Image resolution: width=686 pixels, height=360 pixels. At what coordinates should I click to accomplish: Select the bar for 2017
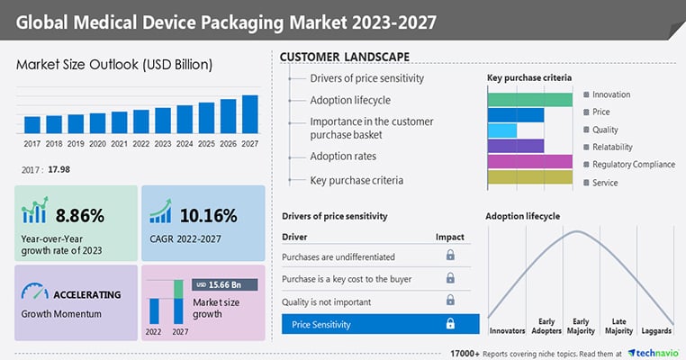click(x=32, y=124)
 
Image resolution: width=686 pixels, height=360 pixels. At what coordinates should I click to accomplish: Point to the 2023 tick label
click(x=163, y=142)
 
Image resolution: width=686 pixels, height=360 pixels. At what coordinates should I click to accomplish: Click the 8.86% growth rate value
click(x=80, y=215)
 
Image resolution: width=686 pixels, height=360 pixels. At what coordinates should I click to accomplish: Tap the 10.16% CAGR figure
click(x=208, y=215)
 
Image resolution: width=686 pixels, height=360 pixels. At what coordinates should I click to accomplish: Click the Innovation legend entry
click(x=611, y=94)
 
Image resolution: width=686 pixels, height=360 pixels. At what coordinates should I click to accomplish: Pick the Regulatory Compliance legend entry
click(x=633, y=165)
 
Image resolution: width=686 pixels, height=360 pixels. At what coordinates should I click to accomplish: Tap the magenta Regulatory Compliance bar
click(x=529, y=161)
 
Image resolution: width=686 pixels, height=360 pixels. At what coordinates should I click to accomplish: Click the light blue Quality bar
click(x=502, y=130)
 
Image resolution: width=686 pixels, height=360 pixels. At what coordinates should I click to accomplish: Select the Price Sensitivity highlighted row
click(x=379, y=324)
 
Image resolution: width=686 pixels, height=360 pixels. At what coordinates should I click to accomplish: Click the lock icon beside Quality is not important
click(x=450, y=302)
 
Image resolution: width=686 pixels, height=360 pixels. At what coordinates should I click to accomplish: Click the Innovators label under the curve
click(x=508, y=319)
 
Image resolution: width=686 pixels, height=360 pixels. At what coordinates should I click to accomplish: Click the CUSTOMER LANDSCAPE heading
click(x=346, y=57)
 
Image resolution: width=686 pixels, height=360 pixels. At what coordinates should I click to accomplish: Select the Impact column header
click(x=450, y=237)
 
